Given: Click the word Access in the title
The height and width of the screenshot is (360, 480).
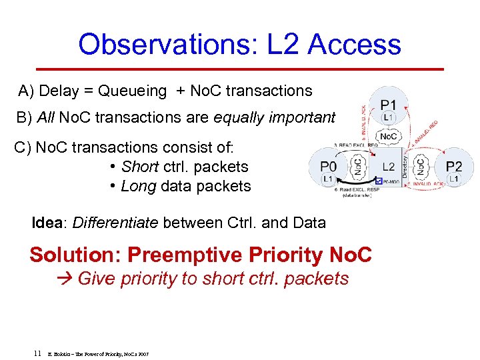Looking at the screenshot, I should point(354,45).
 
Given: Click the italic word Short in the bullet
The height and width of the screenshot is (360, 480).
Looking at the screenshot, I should point(139,167).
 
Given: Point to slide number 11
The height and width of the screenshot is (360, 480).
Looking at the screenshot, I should point(38,353).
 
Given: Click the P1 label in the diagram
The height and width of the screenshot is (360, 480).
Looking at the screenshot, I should point(389,105).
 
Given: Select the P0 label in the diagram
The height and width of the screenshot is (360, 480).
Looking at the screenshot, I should point(327,166).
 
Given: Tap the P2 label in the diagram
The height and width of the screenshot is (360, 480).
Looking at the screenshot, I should point(454,166).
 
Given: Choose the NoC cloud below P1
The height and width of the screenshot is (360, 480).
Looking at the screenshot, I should point(389,137).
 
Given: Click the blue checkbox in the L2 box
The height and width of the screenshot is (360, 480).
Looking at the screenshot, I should point(379,181).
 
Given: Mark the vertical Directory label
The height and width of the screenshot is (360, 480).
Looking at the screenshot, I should point(405,165).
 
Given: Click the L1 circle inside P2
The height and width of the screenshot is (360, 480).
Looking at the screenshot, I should point(453,179).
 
